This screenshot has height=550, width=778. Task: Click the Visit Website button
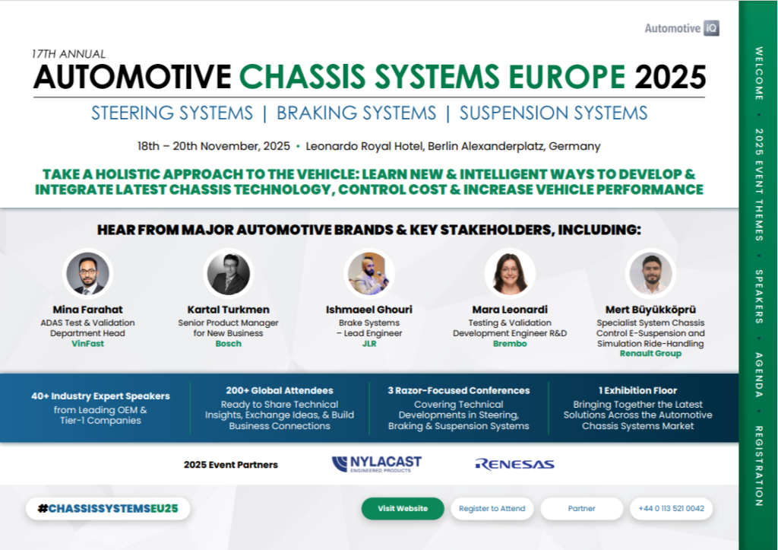(403, 509)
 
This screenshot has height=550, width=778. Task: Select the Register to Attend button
(492, 509)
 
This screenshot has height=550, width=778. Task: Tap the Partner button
(581, 509)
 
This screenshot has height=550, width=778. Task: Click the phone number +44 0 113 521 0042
(671, 509)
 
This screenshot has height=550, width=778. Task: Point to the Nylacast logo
(376, 464)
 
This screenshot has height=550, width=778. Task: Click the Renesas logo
(514, 464)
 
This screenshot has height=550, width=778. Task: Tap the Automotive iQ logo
(682, 29)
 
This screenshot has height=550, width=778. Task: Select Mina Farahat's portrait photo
(88, 274)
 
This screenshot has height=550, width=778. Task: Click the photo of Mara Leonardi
(510, 274)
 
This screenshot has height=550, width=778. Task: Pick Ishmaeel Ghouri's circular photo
(370, 274)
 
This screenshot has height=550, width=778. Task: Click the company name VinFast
(88, 344)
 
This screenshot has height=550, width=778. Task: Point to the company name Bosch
(229, 344)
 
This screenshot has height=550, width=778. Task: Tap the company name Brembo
(510, 344)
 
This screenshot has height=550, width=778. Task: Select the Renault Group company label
(650, 354)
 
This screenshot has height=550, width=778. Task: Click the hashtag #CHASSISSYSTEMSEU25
(108, 509)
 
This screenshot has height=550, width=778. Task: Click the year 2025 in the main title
(670, 76)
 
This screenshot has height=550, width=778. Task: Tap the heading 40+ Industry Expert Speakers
(100, 396)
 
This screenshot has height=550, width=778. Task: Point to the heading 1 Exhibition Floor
(637, 390)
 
